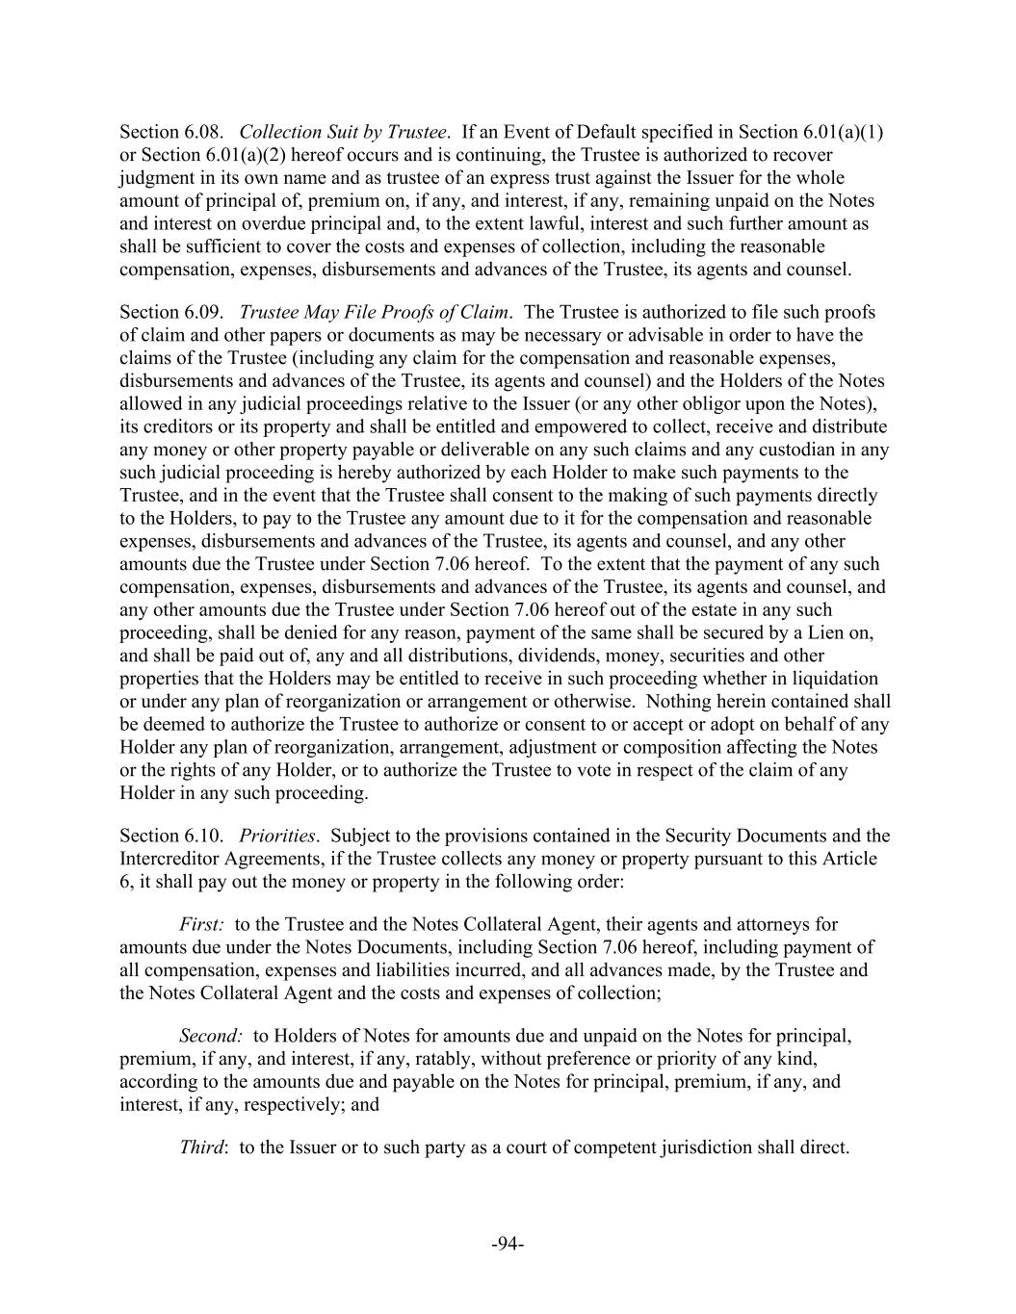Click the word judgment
point(157,178)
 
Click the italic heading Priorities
point(277,836)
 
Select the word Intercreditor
point(169,859)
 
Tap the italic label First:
point(202,925)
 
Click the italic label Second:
point(211,1036)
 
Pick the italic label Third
point(202,1147)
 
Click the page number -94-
point(508,1245)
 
